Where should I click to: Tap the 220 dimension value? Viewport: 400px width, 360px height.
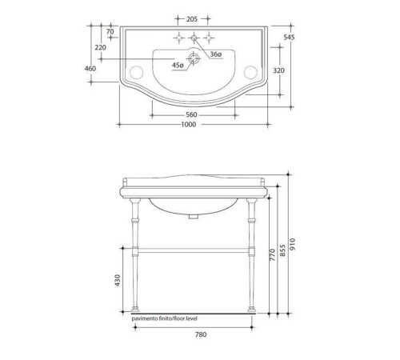click(100, 48)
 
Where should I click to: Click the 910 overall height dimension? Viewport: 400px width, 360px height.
click(301, 243)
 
